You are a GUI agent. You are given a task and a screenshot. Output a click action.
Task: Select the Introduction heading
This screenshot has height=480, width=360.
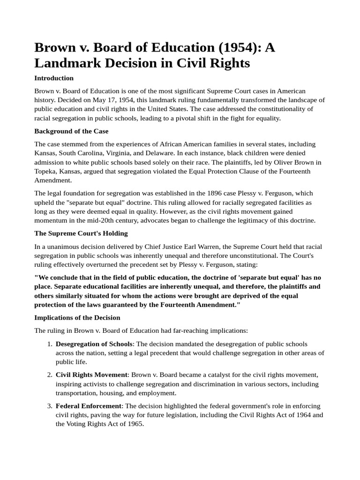pos(54,78)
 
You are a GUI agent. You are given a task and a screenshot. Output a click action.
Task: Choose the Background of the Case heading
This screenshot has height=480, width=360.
pos(71,131)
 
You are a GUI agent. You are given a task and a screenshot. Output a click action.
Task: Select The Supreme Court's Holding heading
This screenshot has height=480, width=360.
pos(81,233)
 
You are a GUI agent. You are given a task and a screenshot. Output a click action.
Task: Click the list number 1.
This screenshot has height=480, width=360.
pos(49,344)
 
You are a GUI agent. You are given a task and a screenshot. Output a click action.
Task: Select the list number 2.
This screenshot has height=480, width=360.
pos(49,375)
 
